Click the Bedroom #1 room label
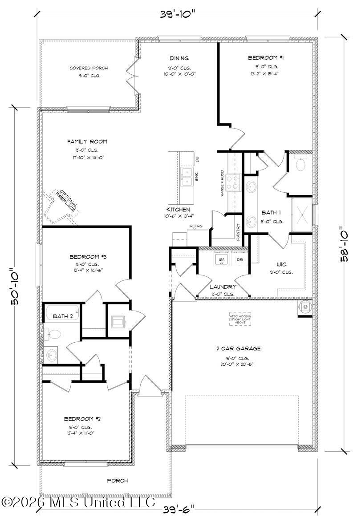[x=266, y=58]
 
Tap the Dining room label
[x=179, y=58]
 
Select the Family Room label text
[x=87, y=142]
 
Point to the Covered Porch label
[x=89, y=68]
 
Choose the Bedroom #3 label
[x=88, y=257]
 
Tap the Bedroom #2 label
[x=82, y=419]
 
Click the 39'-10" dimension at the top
[x=178, y=14]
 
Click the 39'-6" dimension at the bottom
[x=178, y=508]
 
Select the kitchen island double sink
[x=187, y=177]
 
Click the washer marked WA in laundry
[x=221, y=259]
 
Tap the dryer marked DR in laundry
[x=239, y=259]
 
